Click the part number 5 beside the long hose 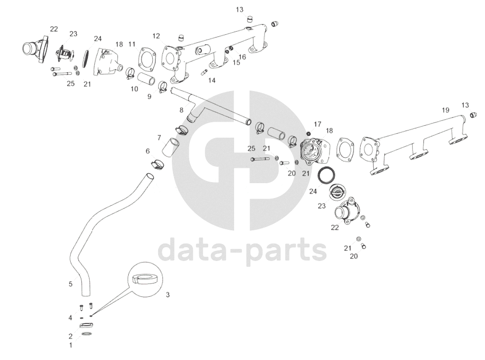pyautogui.click(x=70, y=284)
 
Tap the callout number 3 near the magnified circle pyautogui.click(x=167, y=295)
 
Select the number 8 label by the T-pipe pyautogui.click(x=181, y=110)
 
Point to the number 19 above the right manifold pyautogui.click(x=445, y=110)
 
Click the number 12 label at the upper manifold pyautogui.click(x=156, y=36)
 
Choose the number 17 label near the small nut pyautogui.click(x=317, y=123)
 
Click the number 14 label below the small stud pyautogui.click(x=212, y=81)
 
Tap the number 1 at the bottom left pyautogui.click(x=70, y=344)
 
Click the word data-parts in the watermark pyautogui.click(x=243, y=251)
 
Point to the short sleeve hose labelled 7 pyautogui.click(x=171, y=147)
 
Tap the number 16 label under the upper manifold pyautogui.click(x=242, y=57)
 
